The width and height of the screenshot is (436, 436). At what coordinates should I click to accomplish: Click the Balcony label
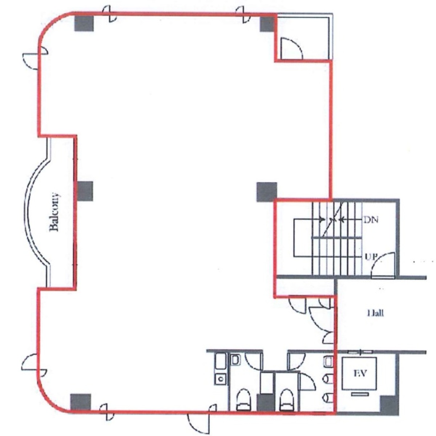(x=54, y=212)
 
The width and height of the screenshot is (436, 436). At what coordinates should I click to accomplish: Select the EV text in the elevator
(x=360, y=373)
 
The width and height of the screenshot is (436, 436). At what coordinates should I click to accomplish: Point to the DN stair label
(x=371, y=220)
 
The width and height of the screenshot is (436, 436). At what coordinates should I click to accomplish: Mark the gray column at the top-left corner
(x=84, y=22)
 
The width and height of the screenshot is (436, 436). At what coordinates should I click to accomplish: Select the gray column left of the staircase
(x=266, y=192)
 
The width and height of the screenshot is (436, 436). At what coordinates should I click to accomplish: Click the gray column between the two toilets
(x=266, y=403)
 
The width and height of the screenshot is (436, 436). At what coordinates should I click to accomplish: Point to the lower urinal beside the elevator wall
(x=328, y=397)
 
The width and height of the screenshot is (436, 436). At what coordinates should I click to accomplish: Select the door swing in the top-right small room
(x=291, y=49)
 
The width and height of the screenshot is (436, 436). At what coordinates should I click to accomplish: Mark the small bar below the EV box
(x=360, y=393)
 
